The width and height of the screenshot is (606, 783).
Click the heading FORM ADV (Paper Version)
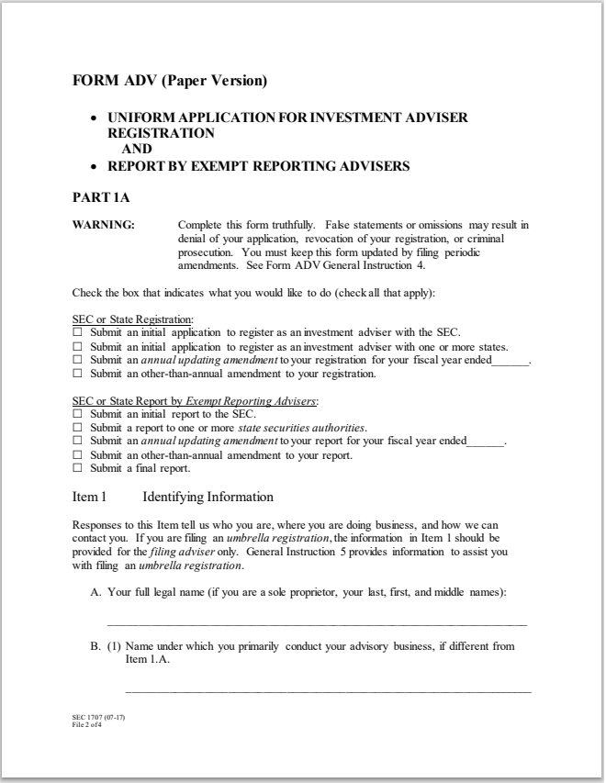(x=170, y=81)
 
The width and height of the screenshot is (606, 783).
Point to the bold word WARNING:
(x=104, y=225)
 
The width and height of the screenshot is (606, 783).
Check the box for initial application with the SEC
(x=77, y=331)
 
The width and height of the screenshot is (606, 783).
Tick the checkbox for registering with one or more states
(x=77, y=346)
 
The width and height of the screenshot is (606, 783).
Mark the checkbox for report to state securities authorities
(x=77, y=428)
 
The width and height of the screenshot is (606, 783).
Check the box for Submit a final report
(x=77, y=468)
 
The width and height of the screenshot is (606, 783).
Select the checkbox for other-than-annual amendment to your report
(x=77, y=454)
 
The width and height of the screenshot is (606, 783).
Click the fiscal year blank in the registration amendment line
(x=511, y=362)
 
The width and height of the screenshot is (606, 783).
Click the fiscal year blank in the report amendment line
(x=486, y=442)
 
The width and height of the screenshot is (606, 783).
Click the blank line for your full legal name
(x=317, y=623)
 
